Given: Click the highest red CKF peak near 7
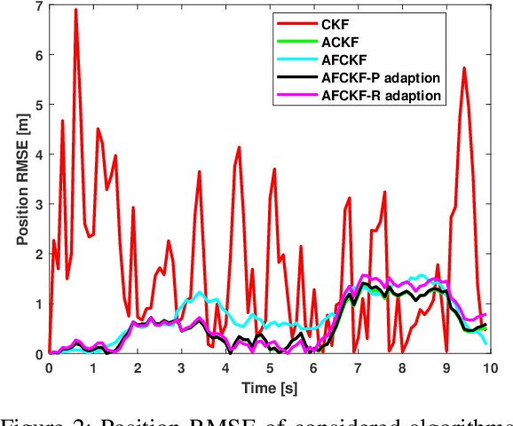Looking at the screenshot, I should [x=75, y=10].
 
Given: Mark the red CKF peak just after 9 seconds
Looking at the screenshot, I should [x=463, y=68].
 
